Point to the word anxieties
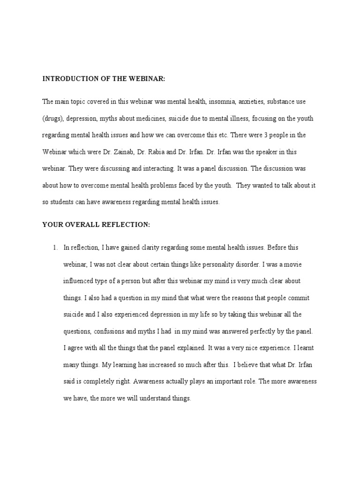coord(251,102)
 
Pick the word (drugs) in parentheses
coord(52,119)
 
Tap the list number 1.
coord(55,248)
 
